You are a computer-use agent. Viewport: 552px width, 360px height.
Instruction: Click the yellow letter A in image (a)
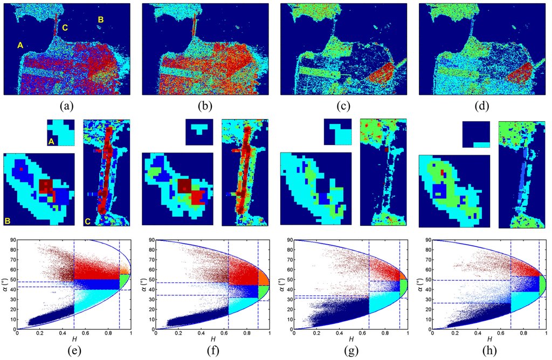pos(20,45)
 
